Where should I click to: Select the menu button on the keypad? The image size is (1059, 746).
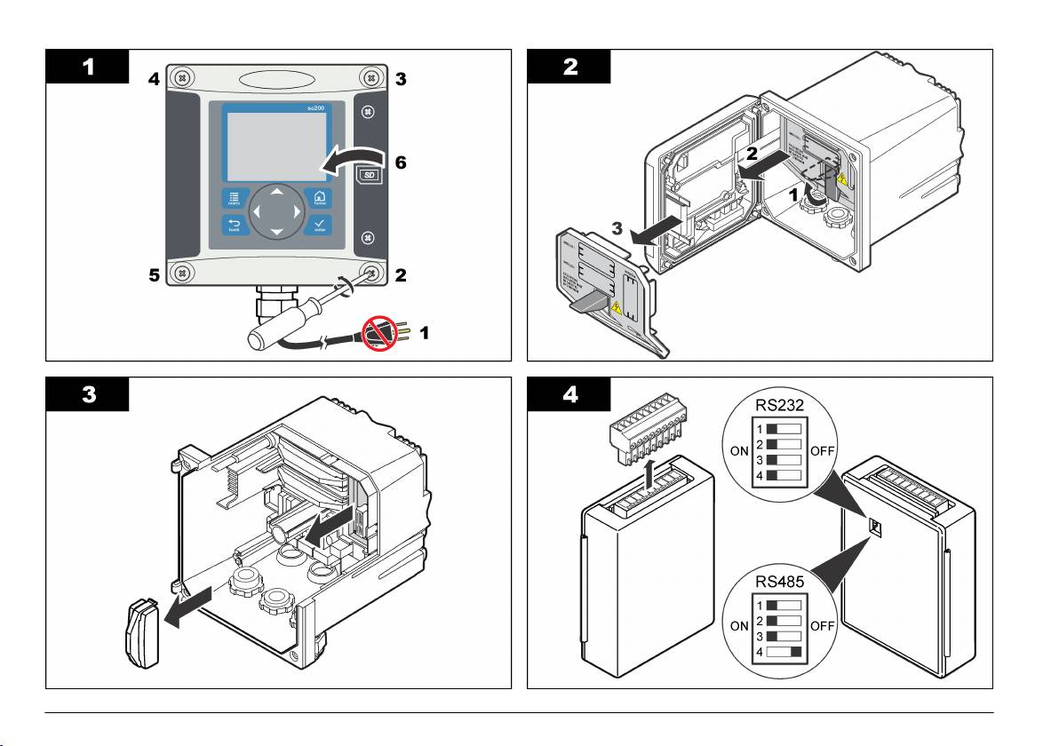click(x=233, y=198)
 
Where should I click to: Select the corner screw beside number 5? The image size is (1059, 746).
click(x=181, y=273)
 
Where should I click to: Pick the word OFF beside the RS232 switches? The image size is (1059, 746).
click(x=824, y=451)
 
